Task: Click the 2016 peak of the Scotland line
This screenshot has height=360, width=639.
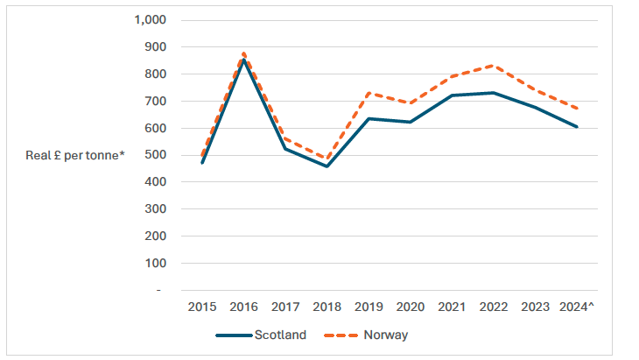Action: tap(243, 60)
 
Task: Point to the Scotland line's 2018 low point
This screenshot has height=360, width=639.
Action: tap(327, 166)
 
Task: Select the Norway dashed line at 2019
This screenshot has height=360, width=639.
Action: tap(369, 92)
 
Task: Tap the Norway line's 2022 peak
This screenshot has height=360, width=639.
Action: tap(493, 65)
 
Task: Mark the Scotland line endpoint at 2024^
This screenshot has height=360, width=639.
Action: tap(576, 127)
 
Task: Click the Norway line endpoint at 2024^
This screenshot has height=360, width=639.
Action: tap(576, 109)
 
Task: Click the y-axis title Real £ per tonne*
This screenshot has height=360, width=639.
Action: tap(75, 155)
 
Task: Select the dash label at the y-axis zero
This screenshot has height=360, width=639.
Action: tap(159, 290)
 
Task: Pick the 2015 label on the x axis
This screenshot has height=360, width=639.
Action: tap(202, 307)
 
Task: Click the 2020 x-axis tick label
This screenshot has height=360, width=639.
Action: tap(410, 307)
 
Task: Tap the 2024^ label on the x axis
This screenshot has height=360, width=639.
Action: tap(576, 307)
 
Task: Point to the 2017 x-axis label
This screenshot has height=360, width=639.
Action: tap(285, 307)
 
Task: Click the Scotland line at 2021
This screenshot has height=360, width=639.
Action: tap(452, 95)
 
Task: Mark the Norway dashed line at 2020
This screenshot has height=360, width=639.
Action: tap(410, 102)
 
